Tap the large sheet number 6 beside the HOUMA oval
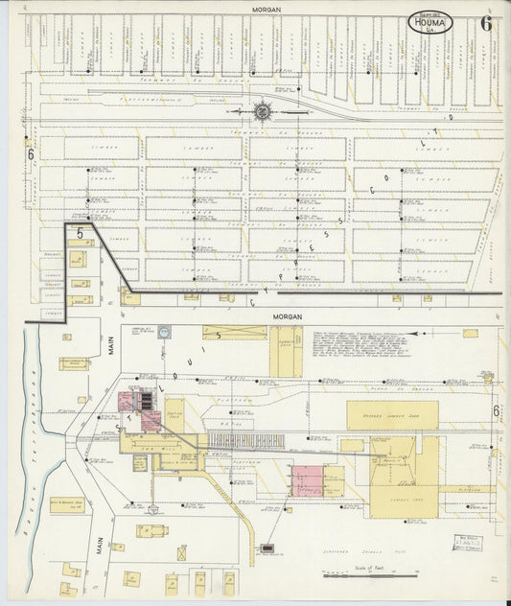click(x=486, y=24)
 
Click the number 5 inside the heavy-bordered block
click(x=81, y=233)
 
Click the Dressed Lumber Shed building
click(x=392, y=415)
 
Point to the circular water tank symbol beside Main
click(x=164, y=332)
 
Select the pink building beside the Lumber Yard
click(x=309, y=480)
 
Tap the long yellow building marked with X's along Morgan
click(x=234, y=333)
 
